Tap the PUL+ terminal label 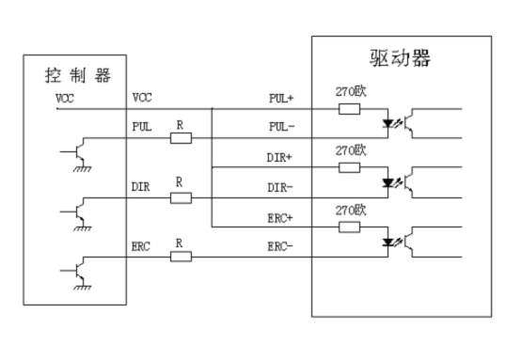click(280, 97)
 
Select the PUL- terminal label click(280, 126)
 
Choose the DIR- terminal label click(280, 186)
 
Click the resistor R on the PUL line click(181, 138)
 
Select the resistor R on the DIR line click(181, 197)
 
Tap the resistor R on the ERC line click(181, 258)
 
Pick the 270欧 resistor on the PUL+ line click(349, 108)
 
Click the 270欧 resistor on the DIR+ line click(349, 167)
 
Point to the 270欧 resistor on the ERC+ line click(349, 227)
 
